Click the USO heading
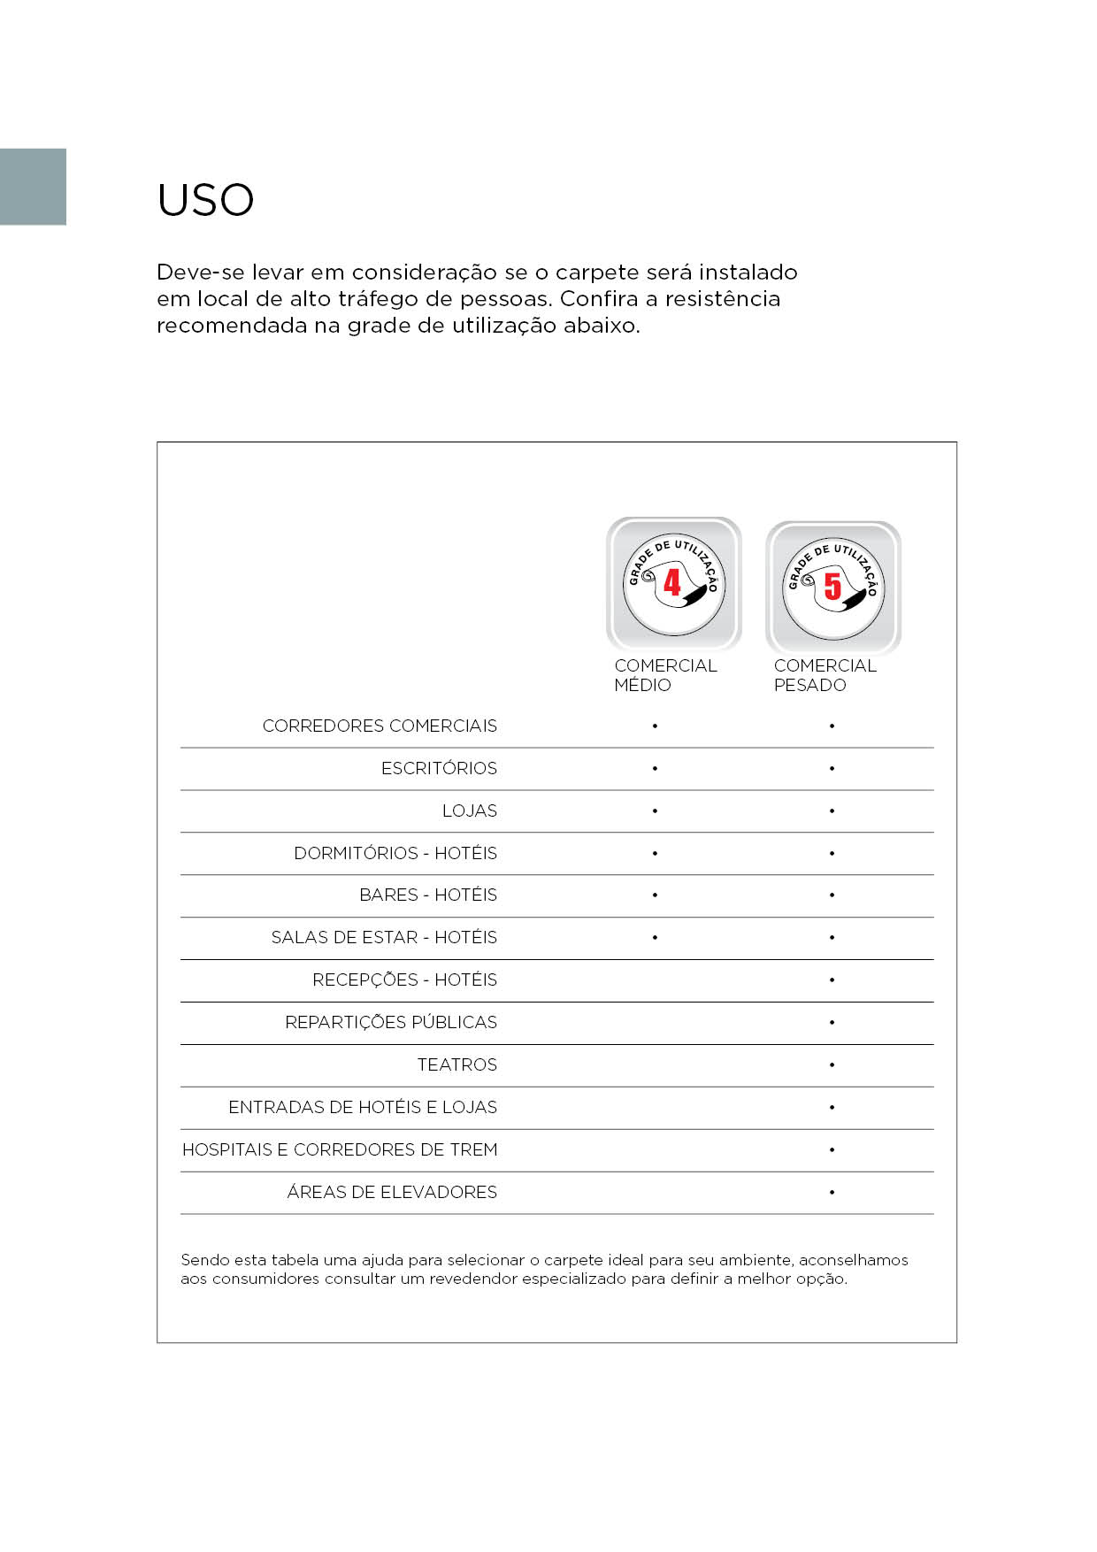coord(205,200)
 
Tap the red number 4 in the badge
coord(672,582)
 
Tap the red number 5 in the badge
coord(832,586)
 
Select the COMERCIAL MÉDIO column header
coord(665,675)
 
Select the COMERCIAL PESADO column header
coord(825,675)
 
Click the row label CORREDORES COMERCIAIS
coord(380,726)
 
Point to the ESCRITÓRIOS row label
coord(439,768)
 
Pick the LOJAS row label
coord(469,811)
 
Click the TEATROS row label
coord(456,1064)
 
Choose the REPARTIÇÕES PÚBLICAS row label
coord(390,1022)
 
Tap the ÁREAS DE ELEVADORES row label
coord(391,1192)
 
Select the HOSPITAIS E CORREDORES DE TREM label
coord(339,1149)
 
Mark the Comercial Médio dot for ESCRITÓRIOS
coord(655,768)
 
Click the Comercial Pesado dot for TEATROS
coord(832,1064)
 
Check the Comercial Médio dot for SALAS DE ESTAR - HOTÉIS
coord(655,937)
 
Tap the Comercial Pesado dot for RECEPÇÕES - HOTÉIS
coord(832,980)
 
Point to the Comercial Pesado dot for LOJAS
coord(832,811)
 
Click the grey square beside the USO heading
coord(33,187)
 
